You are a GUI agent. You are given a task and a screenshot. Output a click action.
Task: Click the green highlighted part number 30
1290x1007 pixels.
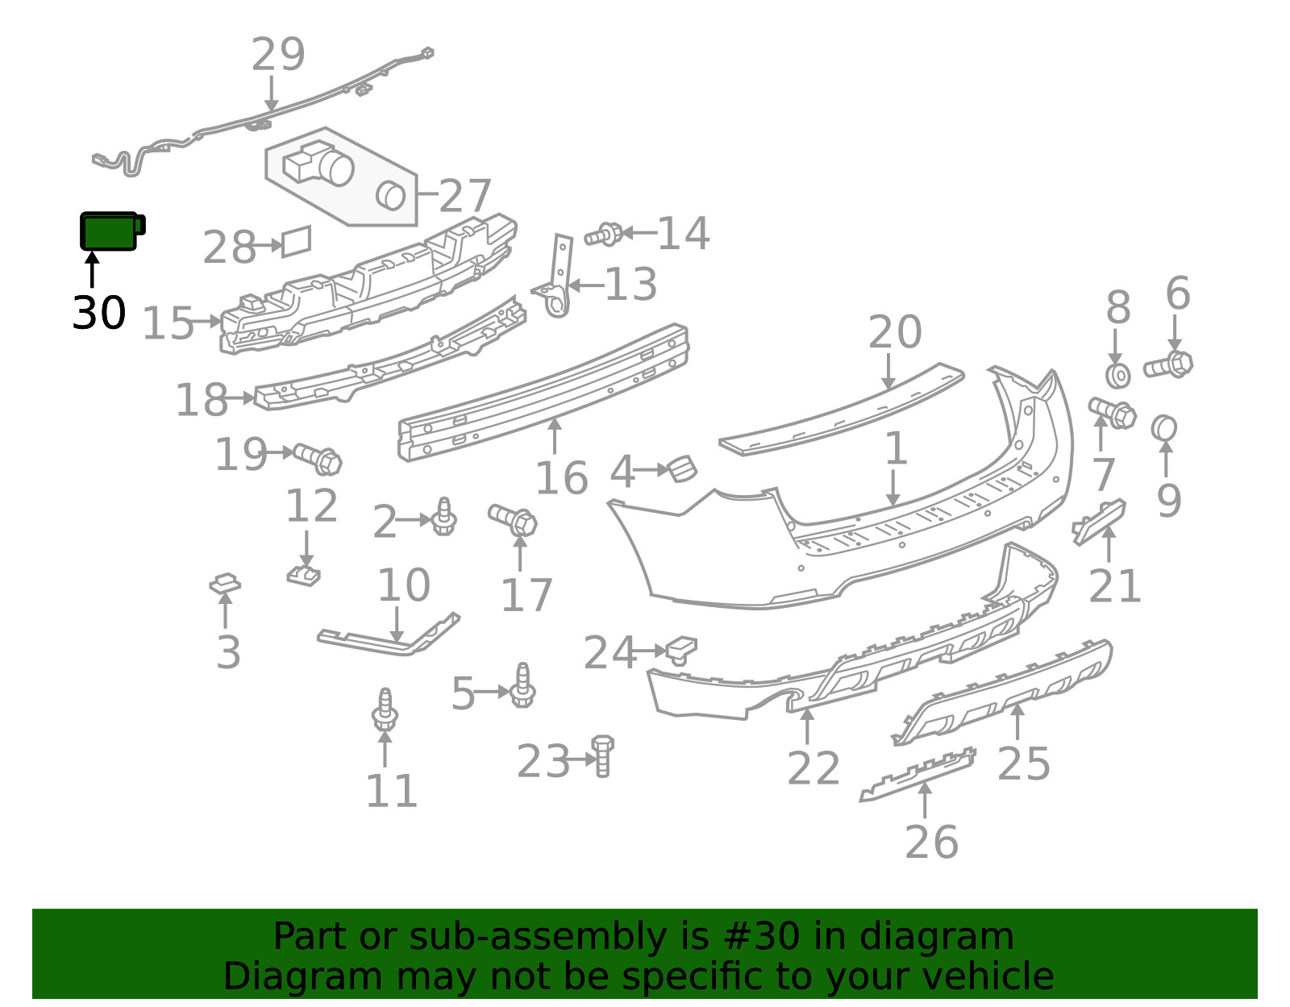click(x=112, y=231)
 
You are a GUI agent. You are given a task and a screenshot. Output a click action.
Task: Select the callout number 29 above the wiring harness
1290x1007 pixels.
click(x=278, y=54)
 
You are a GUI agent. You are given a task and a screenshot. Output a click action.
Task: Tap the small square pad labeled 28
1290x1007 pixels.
click(x=296, y=241)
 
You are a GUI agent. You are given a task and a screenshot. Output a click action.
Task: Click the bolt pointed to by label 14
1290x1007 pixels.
click(x=604, y=235)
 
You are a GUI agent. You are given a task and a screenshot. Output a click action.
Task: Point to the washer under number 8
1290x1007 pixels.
click(x=1117, y=376)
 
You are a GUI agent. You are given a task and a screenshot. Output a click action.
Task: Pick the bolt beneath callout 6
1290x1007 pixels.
click(x=1168, y=365)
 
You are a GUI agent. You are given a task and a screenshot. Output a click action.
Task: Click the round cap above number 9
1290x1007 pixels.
click(x=1163, y=428)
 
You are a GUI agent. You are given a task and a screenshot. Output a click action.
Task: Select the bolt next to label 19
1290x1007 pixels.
click(x=318, y=459)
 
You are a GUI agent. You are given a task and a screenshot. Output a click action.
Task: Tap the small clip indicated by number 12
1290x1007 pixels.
click(x=303, y=575)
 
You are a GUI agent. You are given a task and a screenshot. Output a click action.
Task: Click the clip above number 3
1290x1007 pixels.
click(x=225, y=583)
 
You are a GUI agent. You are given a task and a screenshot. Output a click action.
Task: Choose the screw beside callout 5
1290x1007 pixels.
click(x=522, y=685)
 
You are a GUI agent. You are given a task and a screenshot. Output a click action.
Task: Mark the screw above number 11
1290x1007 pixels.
click(x=385, y=709)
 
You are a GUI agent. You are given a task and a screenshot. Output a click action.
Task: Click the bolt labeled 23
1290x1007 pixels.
click(x=602, y=756)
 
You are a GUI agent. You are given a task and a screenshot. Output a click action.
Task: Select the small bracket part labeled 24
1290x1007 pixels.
click(x=681, y=651)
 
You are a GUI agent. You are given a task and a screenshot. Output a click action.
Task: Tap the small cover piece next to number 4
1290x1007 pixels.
click(x=683, y=468)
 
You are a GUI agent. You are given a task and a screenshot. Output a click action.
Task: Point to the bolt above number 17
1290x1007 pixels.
click(x=513, y=520)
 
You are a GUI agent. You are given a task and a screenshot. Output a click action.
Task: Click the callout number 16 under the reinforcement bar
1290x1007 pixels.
click(x=562, y=478)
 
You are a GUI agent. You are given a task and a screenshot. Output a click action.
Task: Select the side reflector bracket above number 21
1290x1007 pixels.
click(x=1099, y=522)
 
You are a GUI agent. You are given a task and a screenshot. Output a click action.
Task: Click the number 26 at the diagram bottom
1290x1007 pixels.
click(x=931, y=842)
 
